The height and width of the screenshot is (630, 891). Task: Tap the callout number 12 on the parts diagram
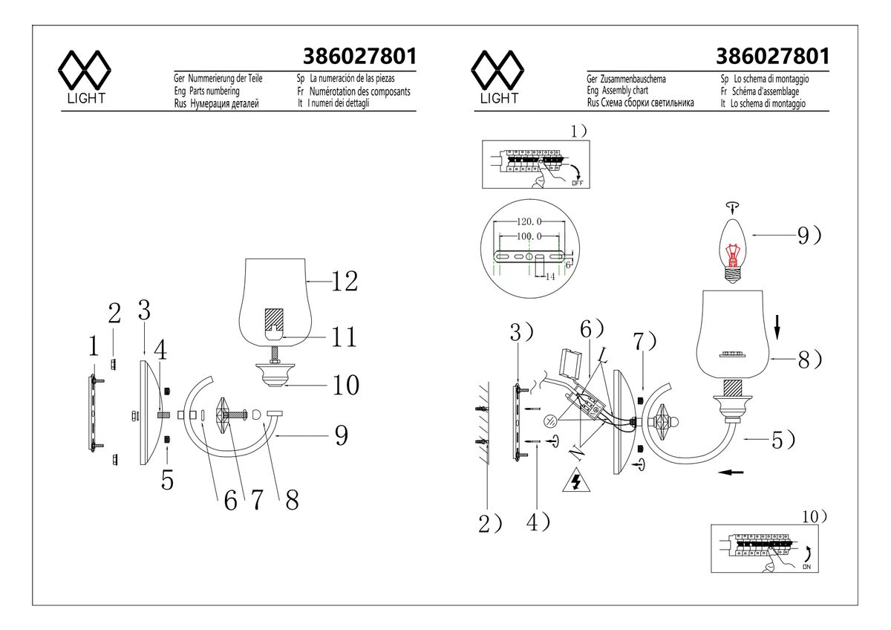click(344, 281)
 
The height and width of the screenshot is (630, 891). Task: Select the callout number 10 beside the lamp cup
click(345, 385)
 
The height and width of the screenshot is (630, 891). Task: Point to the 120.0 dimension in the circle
click(529, 222)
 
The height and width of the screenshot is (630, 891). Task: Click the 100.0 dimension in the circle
click(529, 236)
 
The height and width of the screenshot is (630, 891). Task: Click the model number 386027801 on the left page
click(359, 57)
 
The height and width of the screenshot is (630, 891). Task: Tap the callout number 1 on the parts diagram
click(92, 345)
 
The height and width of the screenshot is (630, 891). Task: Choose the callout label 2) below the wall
click(489, 525)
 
